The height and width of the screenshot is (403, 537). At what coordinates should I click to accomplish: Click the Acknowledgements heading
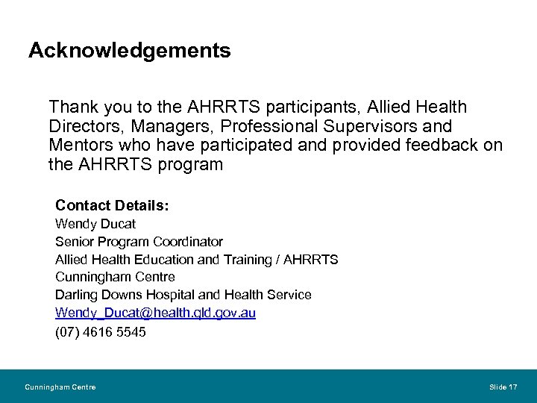129,51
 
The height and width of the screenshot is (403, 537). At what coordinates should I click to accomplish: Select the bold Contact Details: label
112,204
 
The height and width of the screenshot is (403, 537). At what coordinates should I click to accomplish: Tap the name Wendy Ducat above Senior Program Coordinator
95,224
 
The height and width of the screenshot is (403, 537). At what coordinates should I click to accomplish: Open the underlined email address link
155,313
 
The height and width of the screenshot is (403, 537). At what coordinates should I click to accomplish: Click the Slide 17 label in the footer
503,387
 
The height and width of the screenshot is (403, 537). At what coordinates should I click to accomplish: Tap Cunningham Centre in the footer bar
60,387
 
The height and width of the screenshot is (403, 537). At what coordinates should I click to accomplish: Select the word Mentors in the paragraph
78,145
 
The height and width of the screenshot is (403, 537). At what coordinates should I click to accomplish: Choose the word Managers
157,126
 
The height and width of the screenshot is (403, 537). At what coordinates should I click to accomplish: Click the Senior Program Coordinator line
139,242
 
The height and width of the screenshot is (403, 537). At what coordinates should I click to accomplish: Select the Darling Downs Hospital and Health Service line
183,296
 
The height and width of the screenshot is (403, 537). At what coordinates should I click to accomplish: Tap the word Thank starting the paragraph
72,107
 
